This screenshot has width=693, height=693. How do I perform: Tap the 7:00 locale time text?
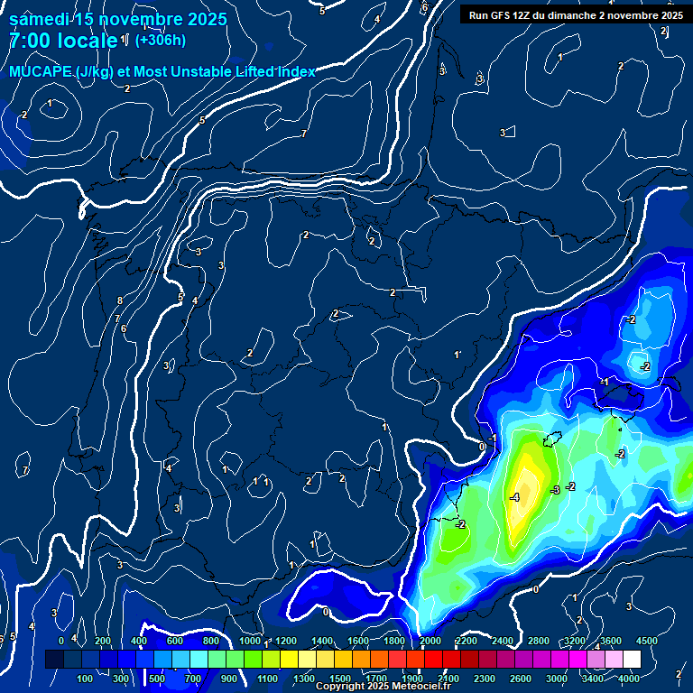[63, 41]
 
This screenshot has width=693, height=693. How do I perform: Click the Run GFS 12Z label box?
[575, 14]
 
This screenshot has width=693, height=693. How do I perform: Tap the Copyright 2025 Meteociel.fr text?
[383, 686]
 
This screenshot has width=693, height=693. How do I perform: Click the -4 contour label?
[515, 497]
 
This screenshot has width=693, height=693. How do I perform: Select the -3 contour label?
[555, 489]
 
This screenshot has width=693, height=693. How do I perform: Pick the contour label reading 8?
[119, 300]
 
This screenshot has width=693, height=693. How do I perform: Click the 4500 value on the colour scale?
[646, 640]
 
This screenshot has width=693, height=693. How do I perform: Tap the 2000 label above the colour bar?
[430, 640]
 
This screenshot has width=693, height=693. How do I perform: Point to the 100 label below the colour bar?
[85, 679]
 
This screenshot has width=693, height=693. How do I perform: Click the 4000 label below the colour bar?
[630, 679]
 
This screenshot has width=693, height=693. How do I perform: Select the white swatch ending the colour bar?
[632, 659]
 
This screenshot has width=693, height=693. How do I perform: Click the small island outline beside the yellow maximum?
[553, 439]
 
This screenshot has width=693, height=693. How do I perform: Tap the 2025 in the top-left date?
[207, 19]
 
